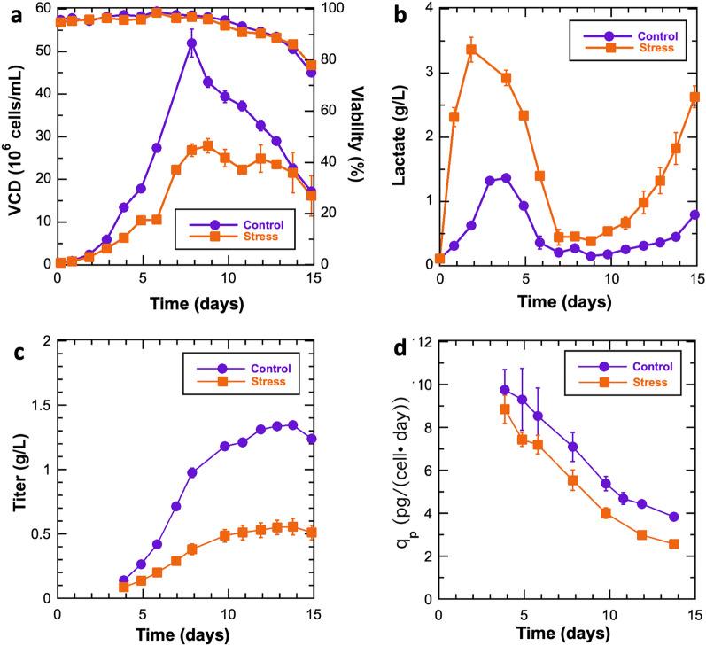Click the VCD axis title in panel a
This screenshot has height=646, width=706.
(15, 133)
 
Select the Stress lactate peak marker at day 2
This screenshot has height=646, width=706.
(471, 49)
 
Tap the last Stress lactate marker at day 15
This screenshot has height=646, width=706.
(695, 97)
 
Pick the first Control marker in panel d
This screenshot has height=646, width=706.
(505, 390)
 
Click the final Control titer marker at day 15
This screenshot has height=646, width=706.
(312, 439)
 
